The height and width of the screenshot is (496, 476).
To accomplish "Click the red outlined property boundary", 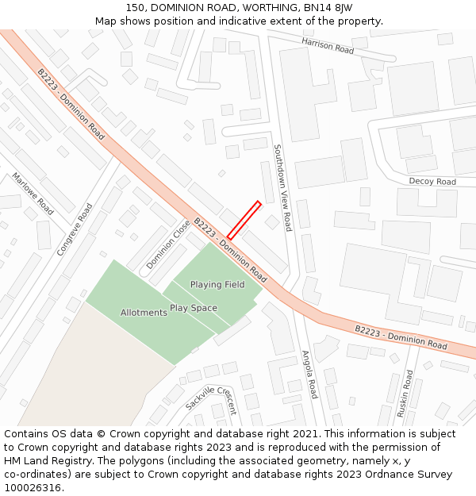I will (x=244, y=220).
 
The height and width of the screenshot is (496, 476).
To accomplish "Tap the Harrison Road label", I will (x=327, y=45).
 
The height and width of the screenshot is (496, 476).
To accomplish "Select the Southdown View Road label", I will (x=282, y=187).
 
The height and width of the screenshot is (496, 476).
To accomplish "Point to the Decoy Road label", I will (x=432, y=182).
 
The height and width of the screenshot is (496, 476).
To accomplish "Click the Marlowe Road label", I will (x=33, y=194).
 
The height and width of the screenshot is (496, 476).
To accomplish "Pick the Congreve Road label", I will (x=75, y=229).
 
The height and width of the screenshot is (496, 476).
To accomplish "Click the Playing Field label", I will (x=217, y=285).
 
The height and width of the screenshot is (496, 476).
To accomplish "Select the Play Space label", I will (x=194, y=308).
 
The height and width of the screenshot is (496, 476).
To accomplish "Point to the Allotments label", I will (x=144, y=313).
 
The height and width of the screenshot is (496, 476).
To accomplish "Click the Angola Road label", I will (x=309, y=374).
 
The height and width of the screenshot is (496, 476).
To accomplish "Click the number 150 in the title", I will (x=135, y=8).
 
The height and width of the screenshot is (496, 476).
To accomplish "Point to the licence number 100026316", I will (x=33, y=488).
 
